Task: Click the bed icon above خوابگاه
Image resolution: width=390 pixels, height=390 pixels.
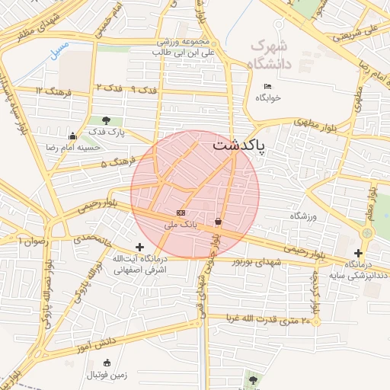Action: pyautogui.click(x=267, y=86)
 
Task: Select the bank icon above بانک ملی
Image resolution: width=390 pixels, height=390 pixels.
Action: pyautogui.click(x=181, y=213)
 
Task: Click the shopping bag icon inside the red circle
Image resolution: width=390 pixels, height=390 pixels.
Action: pyautogui.click(x=219, y=222)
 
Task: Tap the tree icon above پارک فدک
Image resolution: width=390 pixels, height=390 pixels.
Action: pyautogui.click(x=105, y=120)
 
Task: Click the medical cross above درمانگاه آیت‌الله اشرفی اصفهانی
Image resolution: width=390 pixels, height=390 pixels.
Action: pyautogui.click(x=139, y=247)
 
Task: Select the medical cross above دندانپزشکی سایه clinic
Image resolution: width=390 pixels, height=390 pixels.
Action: pyautogui.click(x=358, y=253)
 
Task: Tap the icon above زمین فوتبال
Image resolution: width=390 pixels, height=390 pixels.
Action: pyautogui.click(x=106, y=362)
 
